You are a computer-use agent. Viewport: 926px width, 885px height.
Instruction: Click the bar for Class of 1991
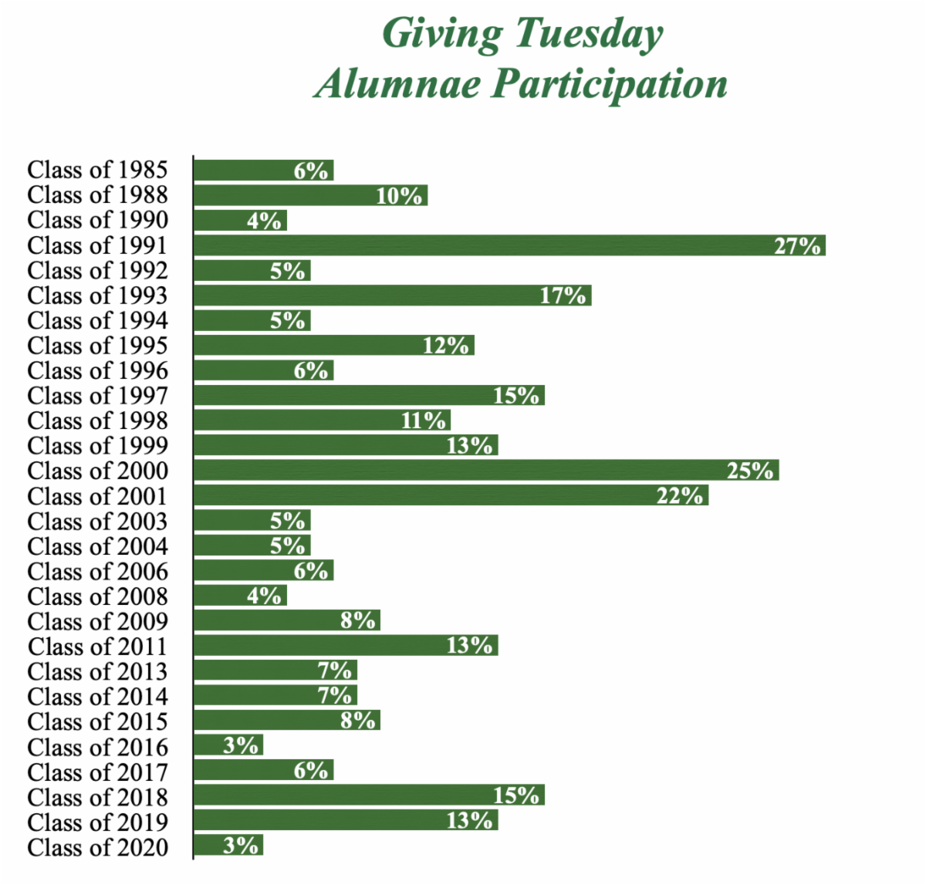(509, 245)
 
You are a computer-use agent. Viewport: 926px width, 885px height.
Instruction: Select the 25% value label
(749, 470)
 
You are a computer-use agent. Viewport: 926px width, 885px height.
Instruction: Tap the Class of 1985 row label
(97, 170)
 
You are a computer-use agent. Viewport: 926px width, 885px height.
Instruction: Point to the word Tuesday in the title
(590, 35)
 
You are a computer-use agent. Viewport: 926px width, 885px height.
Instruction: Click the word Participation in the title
(610, 84)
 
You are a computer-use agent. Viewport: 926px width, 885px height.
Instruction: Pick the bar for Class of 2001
(451, 495)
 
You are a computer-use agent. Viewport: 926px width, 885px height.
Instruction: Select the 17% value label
(563, 296)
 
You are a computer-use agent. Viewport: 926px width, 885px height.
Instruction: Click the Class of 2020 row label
(97, 847)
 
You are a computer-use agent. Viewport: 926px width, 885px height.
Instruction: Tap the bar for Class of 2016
(228, 745)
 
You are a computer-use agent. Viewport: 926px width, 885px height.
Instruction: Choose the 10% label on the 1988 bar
(399, 195)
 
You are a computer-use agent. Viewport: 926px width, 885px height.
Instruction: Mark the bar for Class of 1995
(333, 346)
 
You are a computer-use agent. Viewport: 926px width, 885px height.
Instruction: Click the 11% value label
(423, 421)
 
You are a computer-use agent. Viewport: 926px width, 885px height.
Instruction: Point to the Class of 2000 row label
(97, 471)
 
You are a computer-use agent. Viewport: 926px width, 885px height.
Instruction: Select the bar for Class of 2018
(369, 795)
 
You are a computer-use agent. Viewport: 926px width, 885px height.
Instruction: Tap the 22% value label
(680, 495)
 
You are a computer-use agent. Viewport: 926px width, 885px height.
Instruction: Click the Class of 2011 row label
(97, 647)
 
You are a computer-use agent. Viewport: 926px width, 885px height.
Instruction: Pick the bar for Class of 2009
(286, 620)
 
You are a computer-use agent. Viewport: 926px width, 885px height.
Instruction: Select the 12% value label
(446, 346)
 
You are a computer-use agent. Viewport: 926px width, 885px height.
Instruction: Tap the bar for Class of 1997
(369, 396)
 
